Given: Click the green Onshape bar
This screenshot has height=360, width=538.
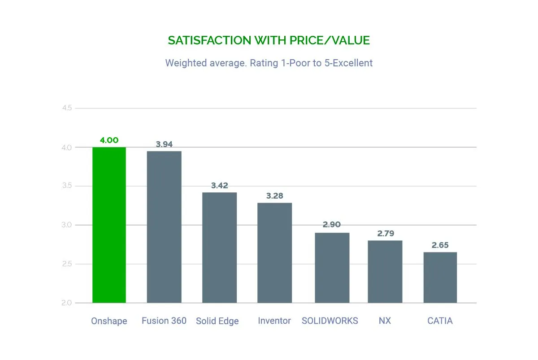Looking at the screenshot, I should coord(109,225).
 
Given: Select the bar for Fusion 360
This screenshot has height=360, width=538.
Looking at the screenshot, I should coord(164,227).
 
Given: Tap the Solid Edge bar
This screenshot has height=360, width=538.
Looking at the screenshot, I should coord(219,247).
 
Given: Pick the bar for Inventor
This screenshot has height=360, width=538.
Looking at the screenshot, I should coord(274,253).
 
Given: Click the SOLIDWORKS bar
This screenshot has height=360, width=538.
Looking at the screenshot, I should coord(332,268).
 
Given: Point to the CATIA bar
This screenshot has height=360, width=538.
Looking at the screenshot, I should coord(440,278).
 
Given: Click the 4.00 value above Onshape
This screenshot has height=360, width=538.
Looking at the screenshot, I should coord(109,140).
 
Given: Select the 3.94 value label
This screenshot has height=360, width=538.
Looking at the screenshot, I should coord(164,144).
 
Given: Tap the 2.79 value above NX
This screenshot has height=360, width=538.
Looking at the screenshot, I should coord(385,234).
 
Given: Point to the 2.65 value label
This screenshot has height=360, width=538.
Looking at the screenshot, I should coord(440,245).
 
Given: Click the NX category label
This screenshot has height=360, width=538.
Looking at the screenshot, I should coord(385,321).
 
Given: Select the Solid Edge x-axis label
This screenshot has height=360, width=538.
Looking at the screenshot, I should coord(217,321).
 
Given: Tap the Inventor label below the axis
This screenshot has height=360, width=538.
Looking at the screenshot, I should coord(274,321).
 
